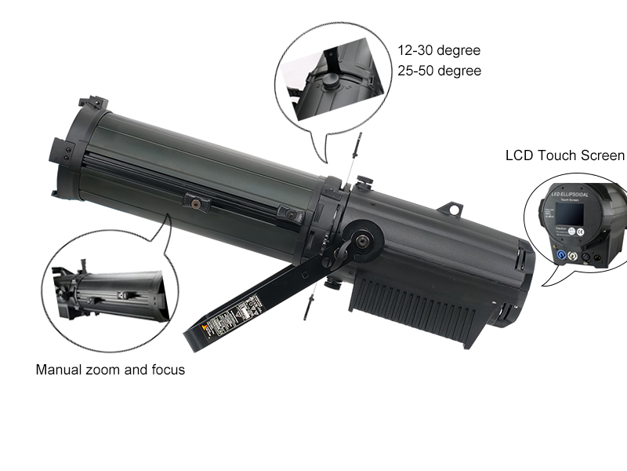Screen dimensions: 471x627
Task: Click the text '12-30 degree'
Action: (438, 50)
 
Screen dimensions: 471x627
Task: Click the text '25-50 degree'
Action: (438, 71)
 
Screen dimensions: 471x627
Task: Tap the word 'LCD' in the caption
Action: (520, 155)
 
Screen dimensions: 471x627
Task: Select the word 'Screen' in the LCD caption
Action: (603, 155)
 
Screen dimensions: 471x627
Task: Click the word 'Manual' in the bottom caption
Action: (60, 369)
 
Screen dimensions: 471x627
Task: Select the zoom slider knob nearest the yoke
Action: (291, 214)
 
